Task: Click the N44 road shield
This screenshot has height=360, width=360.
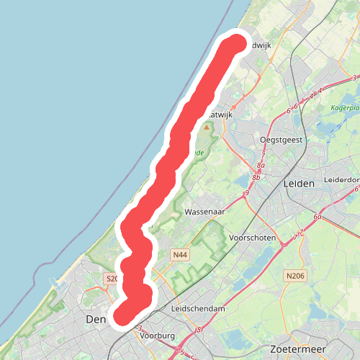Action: [180, 255]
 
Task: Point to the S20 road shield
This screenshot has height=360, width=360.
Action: [112, 278]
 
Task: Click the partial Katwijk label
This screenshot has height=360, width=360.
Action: [220, 114]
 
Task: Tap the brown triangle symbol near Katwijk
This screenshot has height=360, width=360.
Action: [207, 127]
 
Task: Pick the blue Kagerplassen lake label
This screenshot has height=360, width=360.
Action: [344, 109]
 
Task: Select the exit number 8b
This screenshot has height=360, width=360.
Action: [256, 177]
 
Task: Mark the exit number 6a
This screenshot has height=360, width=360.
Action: [318, 216]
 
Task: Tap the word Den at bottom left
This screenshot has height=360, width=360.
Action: [95, 318]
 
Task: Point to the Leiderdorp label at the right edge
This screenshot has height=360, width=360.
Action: [341, 179]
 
